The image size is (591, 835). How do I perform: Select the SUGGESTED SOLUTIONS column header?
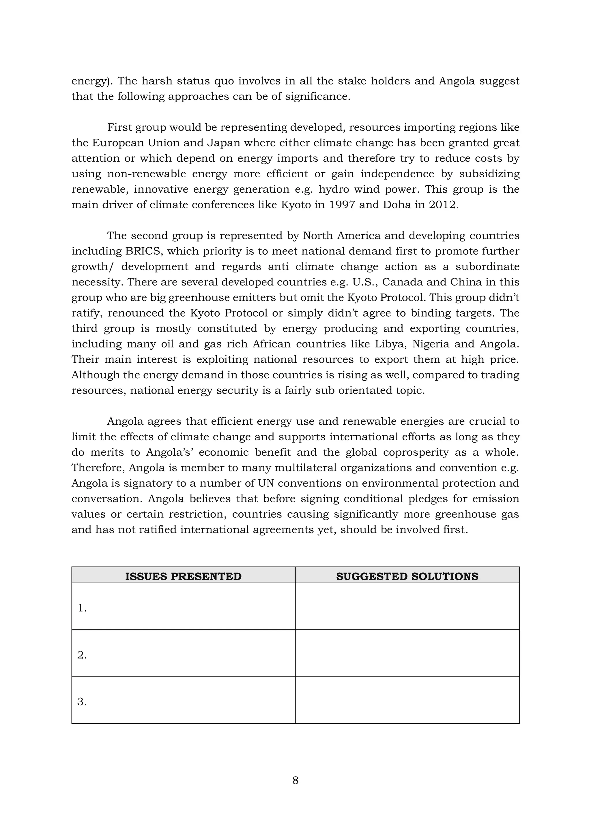[x=407, y=576]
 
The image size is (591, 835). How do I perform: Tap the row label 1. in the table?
[x=82, y=608]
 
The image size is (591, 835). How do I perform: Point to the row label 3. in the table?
[x=82, y=702]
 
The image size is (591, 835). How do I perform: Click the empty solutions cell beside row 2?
[x=407, y=654]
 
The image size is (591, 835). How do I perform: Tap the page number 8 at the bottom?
[x=295, y=780]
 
